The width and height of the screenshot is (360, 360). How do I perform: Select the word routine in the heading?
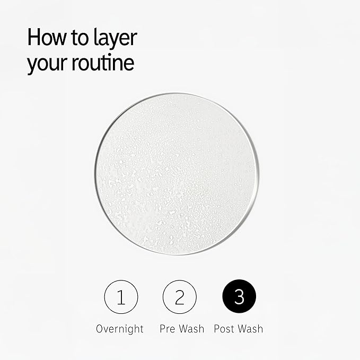click(103, 62)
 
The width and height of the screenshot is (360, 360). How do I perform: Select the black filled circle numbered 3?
click(239, 296)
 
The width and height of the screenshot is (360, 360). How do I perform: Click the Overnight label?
click(120, 329)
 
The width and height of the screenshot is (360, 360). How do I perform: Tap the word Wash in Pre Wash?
click(192, 329)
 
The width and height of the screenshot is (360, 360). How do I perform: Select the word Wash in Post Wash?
click(250, 329)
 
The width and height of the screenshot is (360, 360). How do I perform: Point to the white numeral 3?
click(239, 296)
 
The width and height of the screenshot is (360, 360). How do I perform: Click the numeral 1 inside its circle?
click(121, 297)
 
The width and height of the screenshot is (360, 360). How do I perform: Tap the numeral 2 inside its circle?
click(180, 297)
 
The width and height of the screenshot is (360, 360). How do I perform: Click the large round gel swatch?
click(177, 174)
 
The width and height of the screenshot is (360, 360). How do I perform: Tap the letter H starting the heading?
click(33, 37)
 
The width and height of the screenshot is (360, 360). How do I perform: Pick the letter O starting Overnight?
click(100, 329)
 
